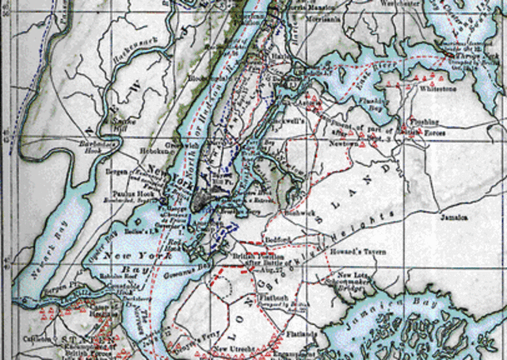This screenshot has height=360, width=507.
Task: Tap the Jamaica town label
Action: click(452, 216)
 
